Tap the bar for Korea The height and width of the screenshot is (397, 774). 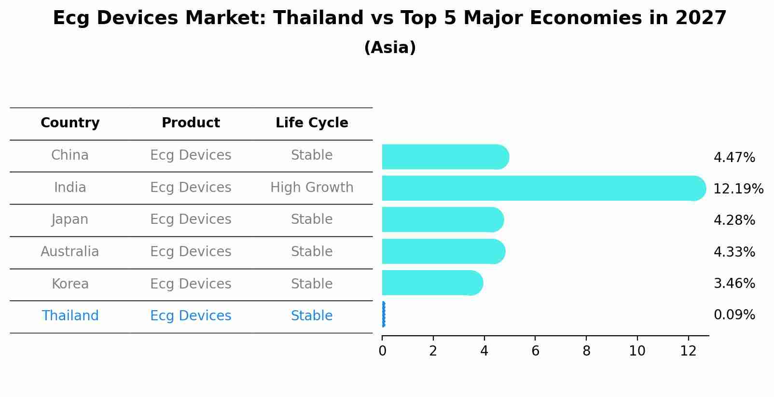pos(432,283)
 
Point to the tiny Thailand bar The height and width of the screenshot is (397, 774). pos(383,315)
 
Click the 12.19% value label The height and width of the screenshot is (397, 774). pos(738,189)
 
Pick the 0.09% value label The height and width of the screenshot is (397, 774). pos(734,315)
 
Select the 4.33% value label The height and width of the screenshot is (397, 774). pos(734,252)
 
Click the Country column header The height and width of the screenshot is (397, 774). pos(70,123)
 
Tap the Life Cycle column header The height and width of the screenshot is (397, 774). pos(312,123)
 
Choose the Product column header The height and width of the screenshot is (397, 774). pos(191,123)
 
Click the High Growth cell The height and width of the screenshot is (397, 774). pos(312,187)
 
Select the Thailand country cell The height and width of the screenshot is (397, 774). pos(70,315)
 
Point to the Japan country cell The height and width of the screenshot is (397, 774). pos(70,219)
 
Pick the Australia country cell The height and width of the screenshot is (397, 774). pos(70,251)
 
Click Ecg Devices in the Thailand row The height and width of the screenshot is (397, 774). pos(191,315)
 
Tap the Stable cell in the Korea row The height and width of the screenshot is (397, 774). pos(312,284)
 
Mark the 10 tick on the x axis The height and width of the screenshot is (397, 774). pos(637,351)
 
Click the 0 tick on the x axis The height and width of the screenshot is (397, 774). pos(382,351)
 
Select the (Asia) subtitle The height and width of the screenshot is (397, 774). pos(390,48)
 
